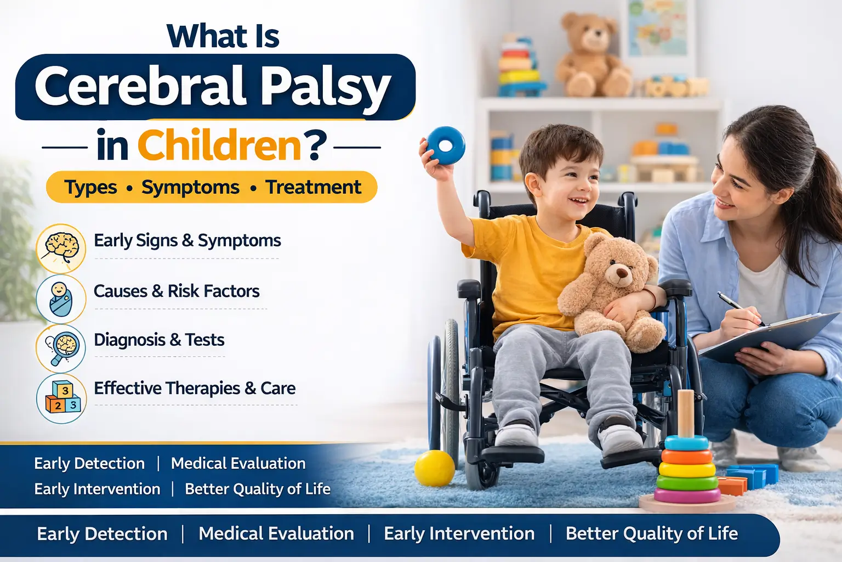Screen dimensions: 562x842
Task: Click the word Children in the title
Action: click(x=219, y=145)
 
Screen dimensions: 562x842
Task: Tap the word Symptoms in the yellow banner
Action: click(x=190, y=187)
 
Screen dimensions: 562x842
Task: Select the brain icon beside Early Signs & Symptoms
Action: click(x=61, y=248)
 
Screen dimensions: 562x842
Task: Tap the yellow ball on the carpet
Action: click(x=434, y=468)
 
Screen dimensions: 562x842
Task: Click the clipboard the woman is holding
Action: click(x=773, y=335)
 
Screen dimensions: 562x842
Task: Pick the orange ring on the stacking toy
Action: click(x=686, y=456)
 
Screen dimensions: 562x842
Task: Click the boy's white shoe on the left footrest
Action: click(x=516, y=436)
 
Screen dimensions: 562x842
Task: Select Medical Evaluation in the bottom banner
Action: click(x=276, y=533)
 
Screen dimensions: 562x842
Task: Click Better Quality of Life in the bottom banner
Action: click(x=651, y=533)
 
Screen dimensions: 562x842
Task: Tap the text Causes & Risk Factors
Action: click(x=177, y=291)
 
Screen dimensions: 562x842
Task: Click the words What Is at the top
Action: click(x=223, y=36)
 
